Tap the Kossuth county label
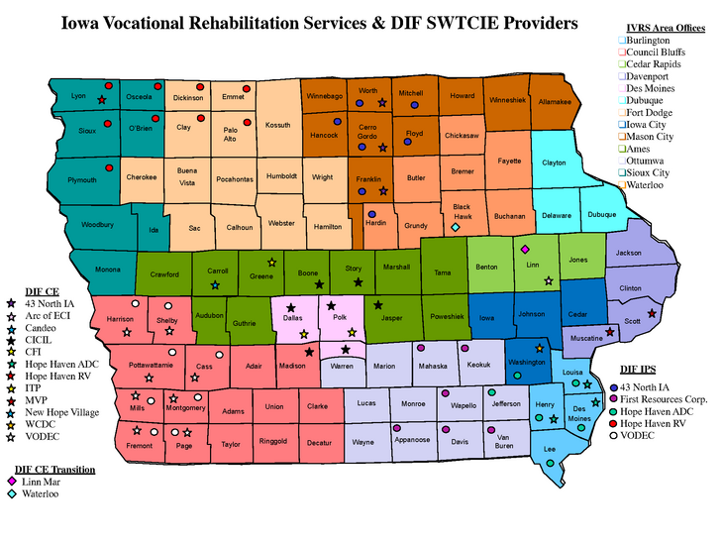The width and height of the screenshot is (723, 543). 278,126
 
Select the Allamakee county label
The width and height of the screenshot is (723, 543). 555,101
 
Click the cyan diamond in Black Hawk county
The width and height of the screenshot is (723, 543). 456,228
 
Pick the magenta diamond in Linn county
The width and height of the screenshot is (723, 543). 525,249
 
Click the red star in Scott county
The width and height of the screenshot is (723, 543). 652,313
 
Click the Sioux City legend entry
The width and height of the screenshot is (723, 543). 648,172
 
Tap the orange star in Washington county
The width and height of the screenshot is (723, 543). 539,349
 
